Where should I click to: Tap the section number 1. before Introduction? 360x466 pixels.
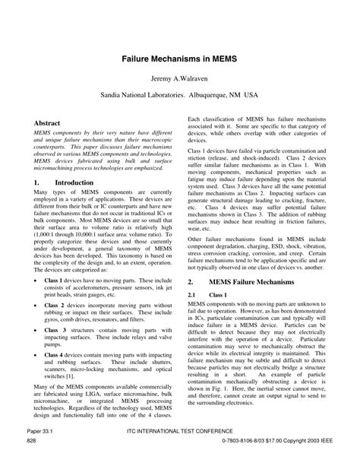[x=37, y=183]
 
